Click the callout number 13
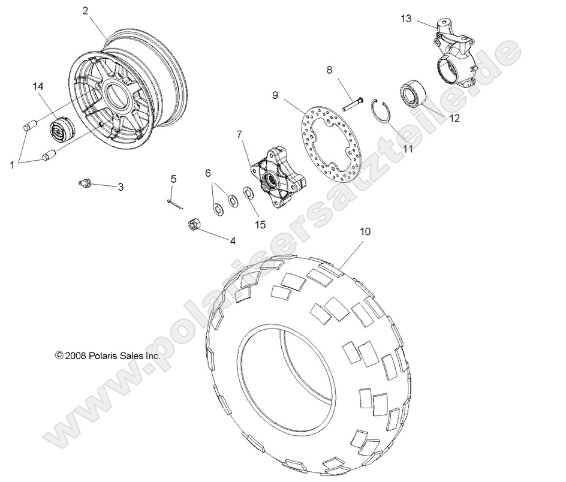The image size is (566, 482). (406, 19)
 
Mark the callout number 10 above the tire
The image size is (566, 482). (365, 231)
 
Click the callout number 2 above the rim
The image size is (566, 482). (85, 10)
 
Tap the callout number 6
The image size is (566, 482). (208, 173)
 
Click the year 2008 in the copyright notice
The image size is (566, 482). (76, 356)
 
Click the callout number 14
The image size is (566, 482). (38, 88)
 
